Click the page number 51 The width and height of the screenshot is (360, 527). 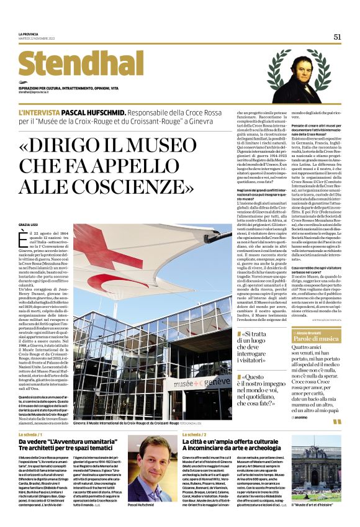click(338, 37)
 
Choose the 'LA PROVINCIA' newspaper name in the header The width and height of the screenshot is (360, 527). click(29, 34)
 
